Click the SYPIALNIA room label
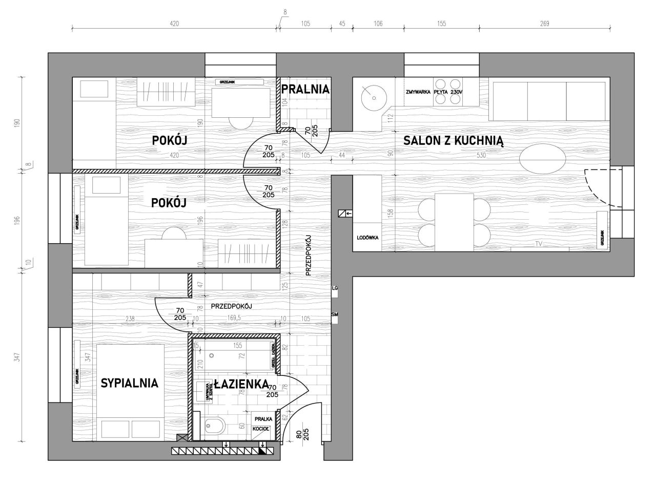click(130, 383)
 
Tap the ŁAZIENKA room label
click(241, 384)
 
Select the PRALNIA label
click(305, 89)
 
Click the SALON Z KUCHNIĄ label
click(454, 141)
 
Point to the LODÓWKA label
click(367, 238)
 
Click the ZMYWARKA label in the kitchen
click(417, 92)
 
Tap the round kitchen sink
click(373, 96)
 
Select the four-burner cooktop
click(448, 91)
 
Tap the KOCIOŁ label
click(261, 429)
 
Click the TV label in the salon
click(539, 244)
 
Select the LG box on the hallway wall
click(335, 289)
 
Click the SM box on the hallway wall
click(335, 314)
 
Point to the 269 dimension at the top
click(544, 23)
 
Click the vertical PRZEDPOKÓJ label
click(309, 256)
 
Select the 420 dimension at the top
click(174, 23)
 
